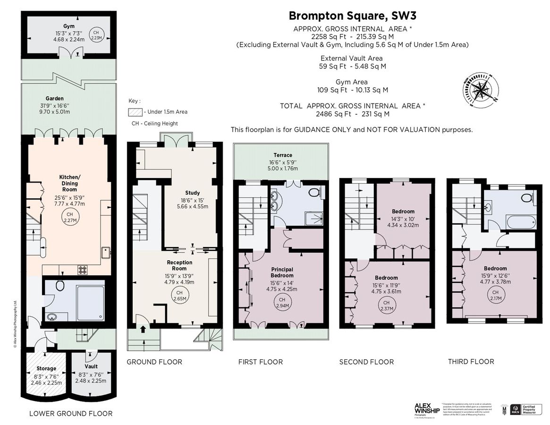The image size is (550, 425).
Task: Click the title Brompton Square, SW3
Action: tap(353, 16)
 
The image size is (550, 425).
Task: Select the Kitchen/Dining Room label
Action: tap(68, 183)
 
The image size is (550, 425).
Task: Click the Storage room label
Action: tap(47, 368)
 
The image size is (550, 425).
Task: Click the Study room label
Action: tap(193, 193)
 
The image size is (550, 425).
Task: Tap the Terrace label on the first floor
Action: tap(283, 155)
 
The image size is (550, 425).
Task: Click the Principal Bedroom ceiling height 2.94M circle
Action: tap(282, 302)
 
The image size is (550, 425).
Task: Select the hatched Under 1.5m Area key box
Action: tap(135, 112)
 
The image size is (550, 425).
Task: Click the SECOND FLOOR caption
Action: tap(366, 362)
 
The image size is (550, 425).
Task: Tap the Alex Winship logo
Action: tap(427, 408)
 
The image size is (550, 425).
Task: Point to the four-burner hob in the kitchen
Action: tap(83, 270)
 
